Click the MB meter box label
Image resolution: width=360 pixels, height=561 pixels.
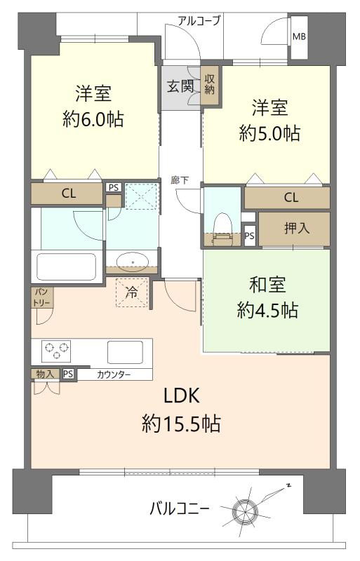point(299,36)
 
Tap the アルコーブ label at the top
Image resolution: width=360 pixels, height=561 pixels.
point(199,21)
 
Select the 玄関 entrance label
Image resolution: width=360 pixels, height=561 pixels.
point(180,86)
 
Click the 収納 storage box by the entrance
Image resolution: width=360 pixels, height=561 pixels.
point(209,85)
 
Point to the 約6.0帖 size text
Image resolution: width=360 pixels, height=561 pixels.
point(93,119)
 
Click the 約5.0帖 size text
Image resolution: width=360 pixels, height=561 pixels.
point(269,133)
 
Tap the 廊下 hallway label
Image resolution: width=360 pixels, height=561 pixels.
point(180,180)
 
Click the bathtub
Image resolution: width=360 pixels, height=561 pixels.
point(67,266)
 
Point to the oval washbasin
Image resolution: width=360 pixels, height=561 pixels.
point(133,262)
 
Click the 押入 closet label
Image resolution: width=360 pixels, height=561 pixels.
point(297,228)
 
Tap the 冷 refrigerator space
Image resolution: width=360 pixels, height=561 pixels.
point(132,292)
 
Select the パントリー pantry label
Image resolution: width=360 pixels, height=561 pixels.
point(42,297)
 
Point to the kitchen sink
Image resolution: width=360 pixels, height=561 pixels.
point(125,353)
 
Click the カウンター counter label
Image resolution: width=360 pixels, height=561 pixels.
point(114,374)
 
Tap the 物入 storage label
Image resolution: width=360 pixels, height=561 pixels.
point(46,374)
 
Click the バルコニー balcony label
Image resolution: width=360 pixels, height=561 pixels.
point(179,508)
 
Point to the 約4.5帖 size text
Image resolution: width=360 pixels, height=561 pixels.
point(267,310)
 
